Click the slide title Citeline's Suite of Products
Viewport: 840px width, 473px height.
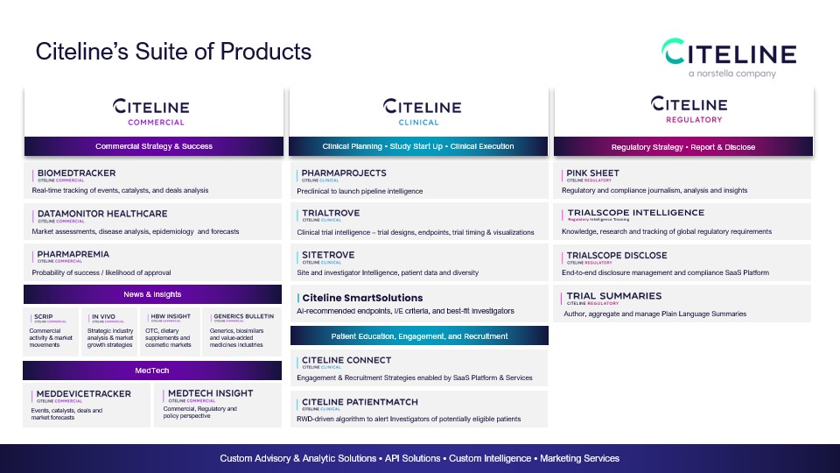click(173, 52)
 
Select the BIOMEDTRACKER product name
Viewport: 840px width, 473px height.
click(76, 173)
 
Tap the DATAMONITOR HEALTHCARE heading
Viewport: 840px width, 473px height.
click(102, 214)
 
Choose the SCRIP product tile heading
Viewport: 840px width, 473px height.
click(43, 316)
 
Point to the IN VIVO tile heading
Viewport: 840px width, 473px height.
click(104, 316)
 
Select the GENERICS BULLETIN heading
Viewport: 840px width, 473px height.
click(242, 316)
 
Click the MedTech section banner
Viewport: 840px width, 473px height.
click(153, 371)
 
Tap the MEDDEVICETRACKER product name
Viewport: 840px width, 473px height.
click(84, 394)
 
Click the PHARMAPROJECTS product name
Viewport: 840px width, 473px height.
click(344, 173)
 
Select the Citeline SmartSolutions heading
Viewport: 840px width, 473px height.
click(361, 298)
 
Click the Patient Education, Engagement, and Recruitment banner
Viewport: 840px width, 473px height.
click(419, 335)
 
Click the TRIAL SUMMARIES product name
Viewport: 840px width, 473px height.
click(614, 296)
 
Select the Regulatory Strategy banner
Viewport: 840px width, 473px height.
click(682, 146)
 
